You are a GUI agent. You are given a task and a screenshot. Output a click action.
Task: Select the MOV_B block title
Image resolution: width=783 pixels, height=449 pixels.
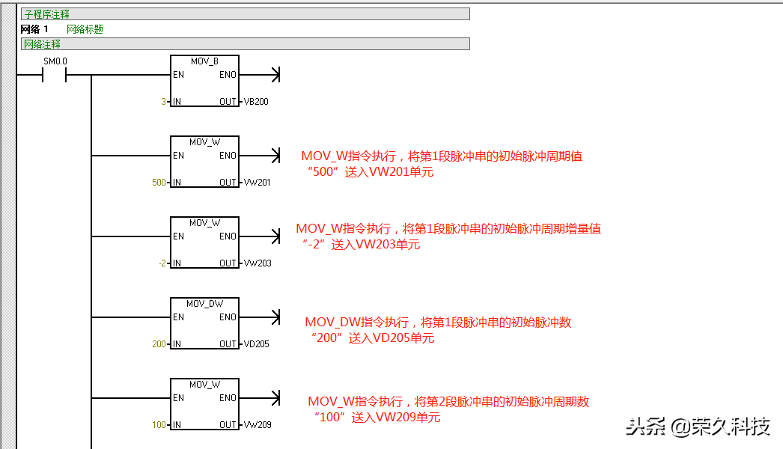tap(204, 61)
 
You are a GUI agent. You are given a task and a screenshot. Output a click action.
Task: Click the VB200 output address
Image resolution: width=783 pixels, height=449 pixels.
tap(256, 102)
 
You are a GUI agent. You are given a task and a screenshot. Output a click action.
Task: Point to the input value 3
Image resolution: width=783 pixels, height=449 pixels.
tap(164, 102)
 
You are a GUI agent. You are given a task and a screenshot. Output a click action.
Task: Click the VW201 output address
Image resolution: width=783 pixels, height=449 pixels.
tap(257, 183)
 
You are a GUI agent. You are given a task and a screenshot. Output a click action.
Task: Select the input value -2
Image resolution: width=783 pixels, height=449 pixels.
tap(162, 263)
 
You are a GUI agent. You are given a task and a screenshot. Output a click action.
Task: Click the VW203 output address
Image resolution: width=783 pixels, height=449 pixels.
tap(257, 263)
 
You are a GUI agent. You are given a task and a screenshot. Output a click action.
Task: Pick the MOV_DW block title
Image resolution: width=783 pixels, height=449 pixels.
tap(204, 303)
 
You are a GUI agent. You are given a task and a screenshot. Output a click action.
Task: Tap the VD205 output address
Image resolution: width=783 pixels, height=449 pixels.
tap(257, 344)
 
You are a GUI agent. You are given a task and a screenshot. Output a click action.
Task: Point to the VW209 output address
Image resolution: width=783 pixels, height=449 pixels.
tap(257, 425)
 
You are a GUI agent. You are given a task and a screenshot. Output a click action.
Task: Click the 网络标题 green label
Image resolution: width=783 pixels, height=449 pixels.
tap(85, 29)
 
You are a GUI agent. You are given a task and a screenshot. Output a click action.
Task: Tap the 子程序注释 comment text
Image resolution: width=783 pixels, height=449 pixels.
tap(45, 13)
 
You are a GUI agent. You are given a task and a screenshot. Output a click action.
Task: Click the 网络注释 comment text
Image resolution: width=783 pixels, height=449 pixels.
tap(43, 44)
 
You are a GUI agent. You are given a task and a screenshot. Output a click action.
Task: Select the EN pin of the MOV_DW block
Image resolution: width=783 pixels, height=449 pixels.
tap(178, 317)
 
